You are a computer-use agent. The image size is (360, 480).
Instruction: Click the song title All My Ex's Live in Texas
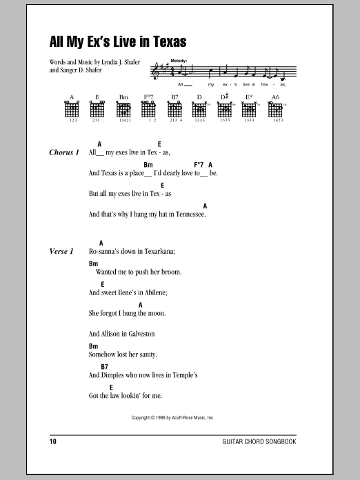click(118, 40)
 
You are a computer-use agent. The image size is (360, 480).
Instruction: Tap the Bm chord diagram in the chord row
click(123, 110)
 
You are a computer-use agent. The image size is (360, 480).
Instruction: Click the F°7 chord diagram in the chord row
click(148, 110)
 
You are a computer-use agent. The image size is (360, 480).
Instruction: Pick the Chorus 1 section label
click(65, 152)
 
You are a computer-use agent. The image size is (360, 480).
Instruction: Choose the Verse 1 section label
click(62, 252)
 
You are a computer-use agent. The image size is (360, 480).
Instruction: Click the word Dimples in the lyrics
click(114, 375)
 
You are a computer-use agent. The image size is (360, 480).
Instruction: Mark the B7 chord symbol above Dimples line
click(105, 367)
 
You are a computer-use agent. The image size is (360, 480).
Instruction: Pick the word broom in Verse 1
click(171, 272)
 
